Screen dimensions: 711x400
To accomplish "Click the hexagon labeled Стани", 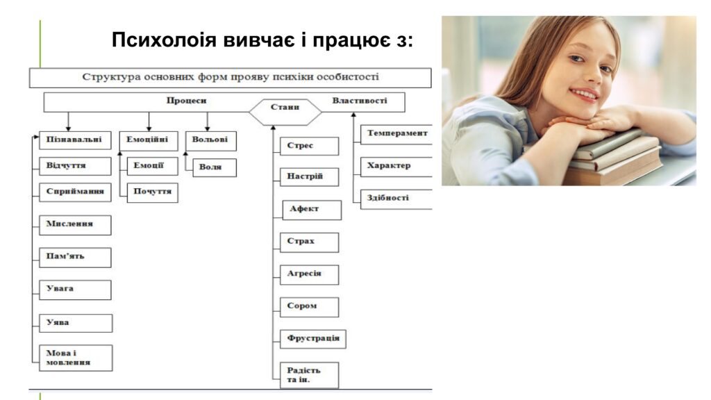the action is [x=285, y=112].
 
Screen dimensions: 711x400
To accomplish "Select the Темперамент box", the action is [x=396, y=134].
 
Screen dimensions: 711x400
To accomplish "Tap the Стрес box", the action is [x=309, y=146].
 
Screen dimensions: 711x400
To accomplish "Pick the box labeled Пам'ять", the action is [x=75, y=257].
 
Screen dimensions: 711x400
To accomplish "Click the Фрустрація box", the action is [x=313, y=339].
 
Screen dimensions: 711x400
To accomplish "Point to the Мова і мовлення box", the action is [x=76, y=358].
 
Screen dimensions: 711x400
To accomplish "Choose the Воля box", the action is [x=215, y=167].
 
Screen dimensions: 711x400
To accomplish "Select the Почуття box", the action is [x=152, y=192].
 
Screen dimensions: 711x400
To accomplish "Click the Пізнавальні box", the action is [x=75, y=140].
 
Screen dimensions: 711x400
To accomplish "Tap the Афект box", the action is [x=312, y=210].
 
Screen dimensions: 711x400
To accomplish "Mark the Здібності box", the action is [x=396, y=199].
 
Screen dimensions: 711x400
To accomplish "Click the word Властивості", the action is [x=360, y=101].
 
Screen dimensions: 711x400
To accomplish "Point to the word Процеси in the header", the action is [x=186, y=101].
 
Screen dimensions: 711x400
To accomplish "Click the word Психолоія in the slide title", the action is [x=164, y=40].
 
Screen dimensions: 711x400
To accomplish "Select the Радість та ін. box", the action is [x=309, y=375].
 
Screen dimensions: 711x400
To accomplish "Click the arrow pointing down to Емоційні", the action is [x=149, y=122].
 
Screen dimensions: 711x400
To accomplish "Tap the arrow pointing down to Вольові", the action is [x=207, y=122].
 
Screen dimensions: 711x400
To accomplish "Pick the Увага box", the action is [x=75, y=290].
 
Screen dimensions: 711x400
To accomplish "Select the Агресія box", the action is [x=309, y=275].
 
